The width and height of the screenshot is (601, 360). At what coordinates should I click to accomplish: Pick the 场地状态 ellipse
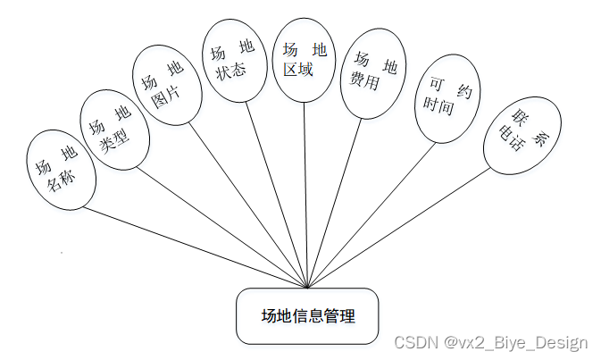(234, 60)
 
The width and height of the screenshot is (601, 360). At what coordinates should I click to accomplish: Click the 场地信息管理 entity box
(307, 315)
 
